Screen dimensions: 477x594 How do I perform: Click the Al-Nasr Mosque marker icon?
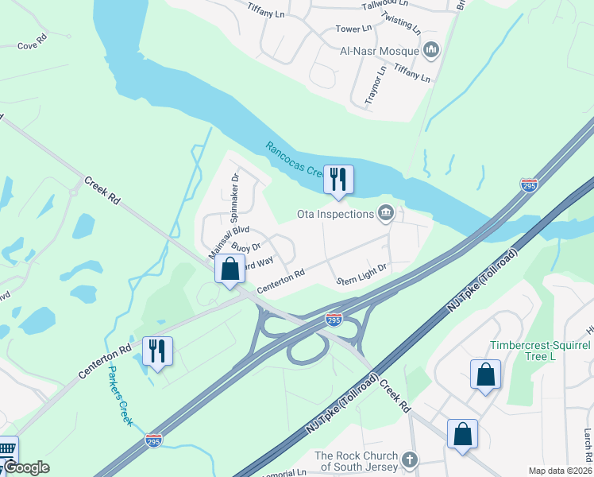[x=432, y=51]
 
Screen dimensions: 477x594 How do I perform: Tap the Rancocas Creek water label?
[x=292, y=160]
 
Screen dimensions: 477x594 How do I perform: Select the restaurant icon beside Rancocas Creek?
[x=338, y=180]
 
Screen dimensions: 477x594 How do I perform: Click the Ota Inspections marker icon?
[x=387, y=213]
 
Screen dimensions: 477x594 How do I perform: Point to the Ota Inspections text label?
[x=334, y=214]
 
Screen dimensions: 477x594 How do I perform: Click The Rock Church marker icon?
[x=410, y=460]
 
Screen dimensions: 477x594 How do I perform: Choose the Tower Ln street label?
[x=353, y=29]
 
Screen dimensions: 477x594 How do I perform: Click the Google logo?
[x=27, y=467]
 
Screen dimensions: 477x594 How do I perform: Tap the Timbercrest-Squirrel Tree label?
[x=540, y=351]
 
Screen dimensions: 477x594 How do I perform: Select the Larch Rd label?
[x=588, y=445]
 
